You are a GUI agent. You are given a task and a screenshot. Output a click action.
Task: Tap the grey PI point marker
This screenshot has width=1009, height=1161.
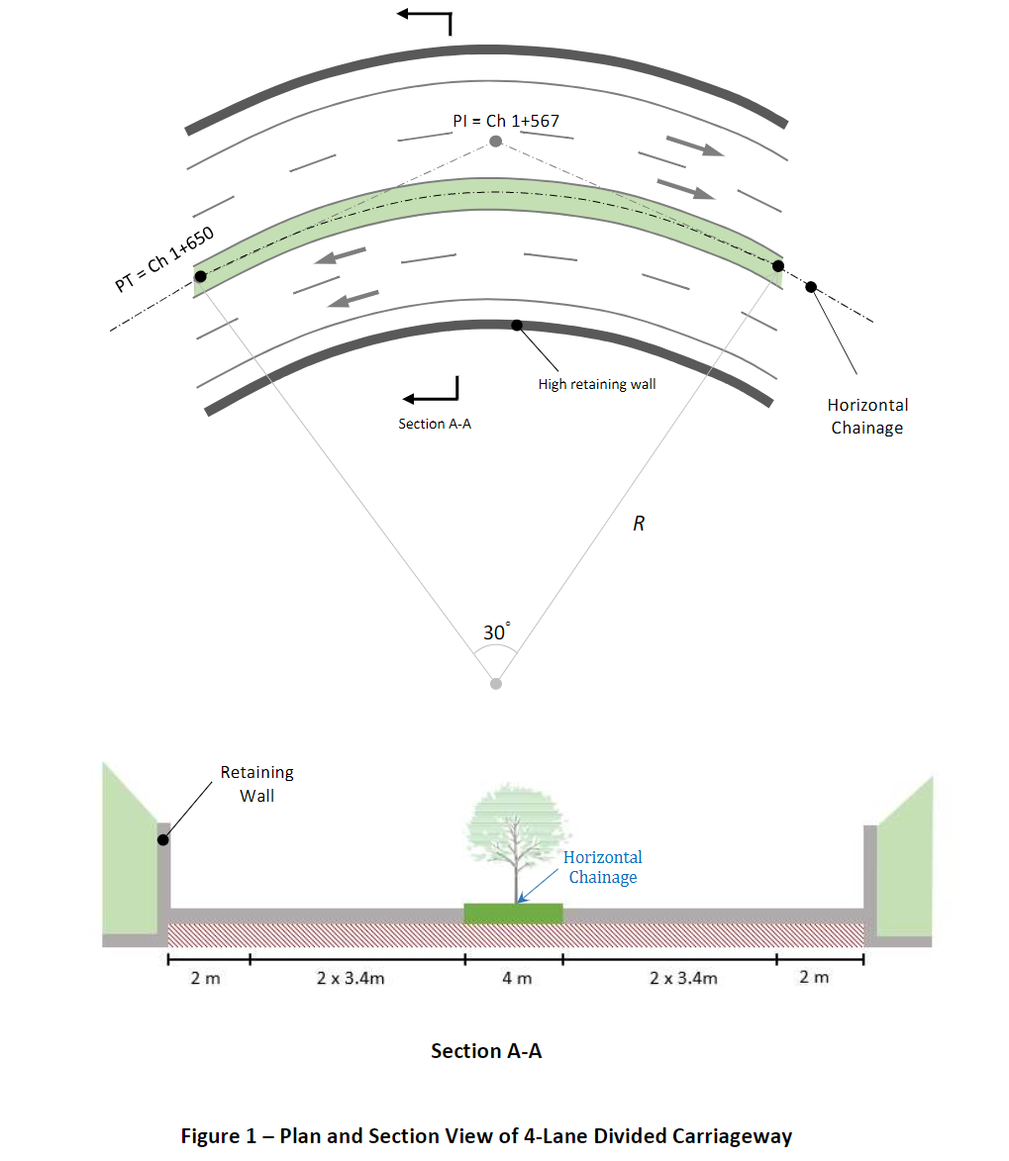coord(495,142)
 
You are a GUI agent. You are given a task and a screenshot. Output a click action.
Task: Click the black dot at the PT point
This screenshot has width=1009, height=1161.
coord(200,276)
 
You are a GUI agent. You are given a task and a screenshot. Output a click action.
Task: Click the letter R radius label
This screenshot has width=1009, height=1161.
coord(639,524)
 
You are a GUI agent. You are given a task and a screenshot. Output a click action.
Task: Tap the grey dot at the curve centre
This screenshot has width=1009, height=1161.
coord(496,683)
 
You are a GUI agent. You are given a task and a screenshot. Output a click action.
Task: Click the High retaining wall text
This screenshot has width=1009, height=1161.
coord(596,384)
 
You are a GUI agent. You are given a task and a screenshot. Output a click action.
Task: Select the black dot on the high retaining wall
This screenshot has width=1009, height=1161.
coord(517,325)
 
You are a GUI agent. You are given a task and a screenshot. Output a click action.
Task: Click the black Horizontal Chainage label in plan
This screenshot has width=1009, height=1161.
coord(867,416)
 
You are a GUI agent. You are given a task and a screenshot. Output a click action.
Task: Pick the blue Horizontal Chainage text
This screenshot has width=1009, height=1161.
coord(602,867)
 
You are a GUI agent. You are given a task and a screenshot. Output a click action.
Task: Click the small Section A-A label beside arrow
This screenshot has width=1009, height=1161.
coord(435,424)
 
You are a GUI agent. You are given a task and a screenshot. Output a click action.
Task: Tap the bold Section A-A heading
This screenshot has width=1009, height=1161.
coord(486,1051)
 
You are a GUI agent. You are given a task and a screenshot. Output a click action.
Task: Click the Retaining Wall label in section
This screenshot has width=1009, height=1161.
coord(256,783)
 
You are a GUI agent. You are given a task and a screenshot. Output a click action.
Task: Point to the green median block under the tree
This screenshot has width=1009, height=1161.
coord(514,914)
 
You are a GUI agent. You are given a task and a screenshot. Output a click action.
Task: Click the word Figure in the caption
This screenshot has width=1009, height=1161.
coord(210,1136)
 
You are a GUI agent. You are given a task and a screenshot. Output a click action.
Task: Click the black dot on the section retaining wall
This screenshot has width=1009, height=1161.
coord(161,840)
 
